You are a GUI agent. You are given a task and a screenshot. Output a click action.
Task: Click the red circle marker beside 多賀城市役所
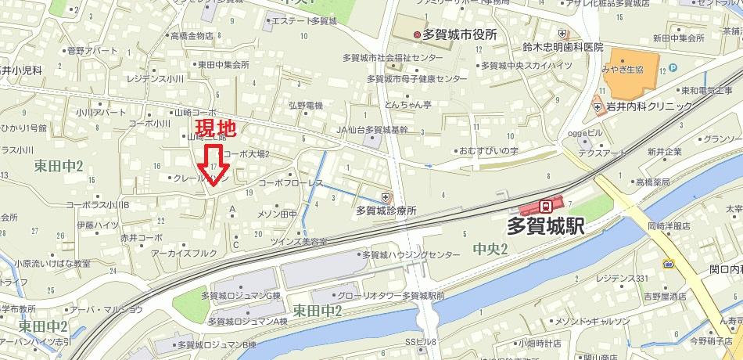pyautogui.click(x=416, y=34)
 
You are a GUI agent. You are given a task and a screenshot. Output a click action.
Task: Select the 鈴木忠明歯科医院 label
pyautogui.click(x=563, y=47)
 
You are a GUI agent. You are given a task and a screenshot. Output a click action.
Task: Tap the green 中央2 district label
pyautogui.click(x=490, y=250)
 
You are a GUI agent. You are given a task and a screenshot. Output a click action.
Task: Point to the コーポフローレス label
pyautogui.click(x=290, y=183)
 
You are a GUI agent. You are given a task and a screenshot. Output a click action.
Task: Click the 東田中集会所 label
pyautogui.click(x=223, y=65)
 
